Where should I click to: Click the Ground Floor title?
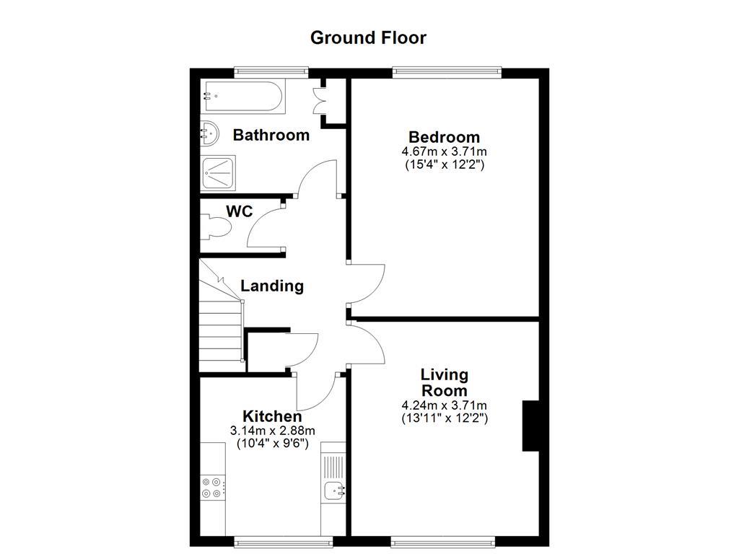pos(368,38)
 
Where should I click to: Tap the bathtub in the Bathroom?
pos(243,95)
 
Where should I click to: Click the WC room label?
pos(239,211)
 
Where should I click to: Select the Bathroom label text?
pos(271,135)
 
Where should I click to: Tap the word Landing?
pos(271,286)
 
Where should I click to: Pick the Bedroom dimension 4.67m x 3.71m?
pos(444,151)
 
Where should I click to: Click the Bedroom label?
pos(444,137)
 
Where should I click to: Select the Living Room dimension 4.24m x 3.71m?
pos(444,405)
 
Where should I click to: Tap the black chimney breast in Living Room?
pos(530,426)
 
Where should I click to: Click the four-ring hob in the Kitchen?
pos(212,488)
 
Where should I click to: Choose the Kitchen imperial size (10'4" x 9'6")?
pos(272,444)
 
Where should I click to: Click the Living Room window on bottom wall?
pos(442,540)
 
